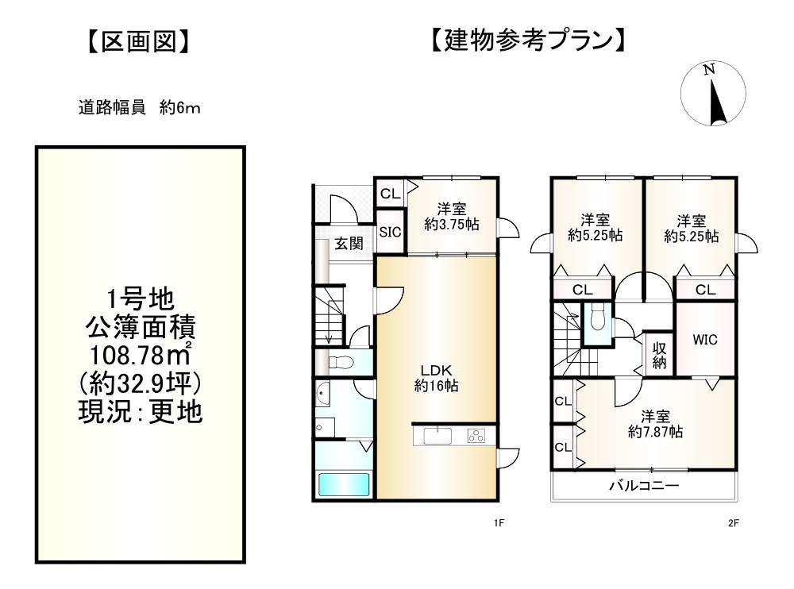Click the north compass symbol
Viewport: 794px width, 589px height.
[714, 94]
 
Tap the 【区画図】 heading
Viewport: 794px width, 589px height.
[138, 41]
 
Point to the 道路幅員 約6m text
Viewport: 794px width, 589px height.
[138, 109]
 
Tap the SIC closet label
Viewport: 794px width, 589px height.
[390, 232]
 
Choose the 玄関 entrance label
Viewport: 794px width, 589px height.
[345, 244]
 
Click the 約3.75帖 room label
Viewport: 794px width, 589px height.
[452, 218]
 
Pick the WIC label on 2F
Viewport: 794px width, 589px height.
[704, 340]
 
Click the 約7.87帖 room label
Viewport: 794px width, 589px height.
[655, 425]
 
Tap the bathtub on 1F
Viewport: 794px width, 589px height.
[344, 484]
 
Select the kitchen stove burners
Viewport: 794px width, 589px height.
[476, 435]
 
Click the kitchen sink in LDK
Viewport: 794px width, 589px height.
[437, 435]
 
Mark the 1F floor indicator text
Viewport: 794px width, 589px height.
[499, 523]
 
